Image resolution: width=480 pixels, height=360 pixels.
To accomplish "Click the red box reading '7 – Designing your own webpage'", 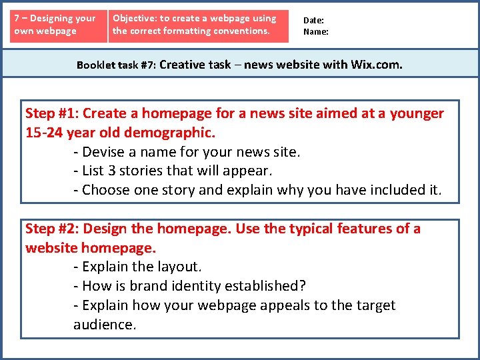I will point(57,25).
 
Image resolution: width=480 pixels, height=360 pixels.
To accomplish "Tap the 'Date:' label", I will point(313,21).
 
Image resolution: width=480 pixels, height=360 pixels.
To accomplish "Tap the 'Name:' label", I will point(316,31).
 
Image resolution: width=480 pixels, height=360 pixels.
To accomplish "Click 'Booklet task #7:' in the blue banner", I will point(116,65).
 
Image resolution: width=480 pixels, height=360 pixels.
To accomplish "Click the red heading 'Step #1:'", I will point(52,113).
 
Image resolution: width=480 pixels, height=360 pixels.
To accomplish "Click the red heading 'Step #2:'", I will point(52,229).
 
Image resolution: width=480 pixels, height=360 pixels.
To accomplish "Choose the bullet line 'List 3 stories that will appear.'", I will point(177,171).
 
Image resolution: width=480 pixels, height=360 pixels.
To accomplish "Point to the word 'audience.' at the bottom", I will point(105,325).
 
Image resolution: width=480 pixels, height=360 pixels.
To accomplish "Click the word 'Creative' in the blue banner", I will point(182,65).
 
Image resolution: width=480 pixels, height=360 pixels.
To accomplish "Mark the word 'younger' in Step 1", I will point(417,113).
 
